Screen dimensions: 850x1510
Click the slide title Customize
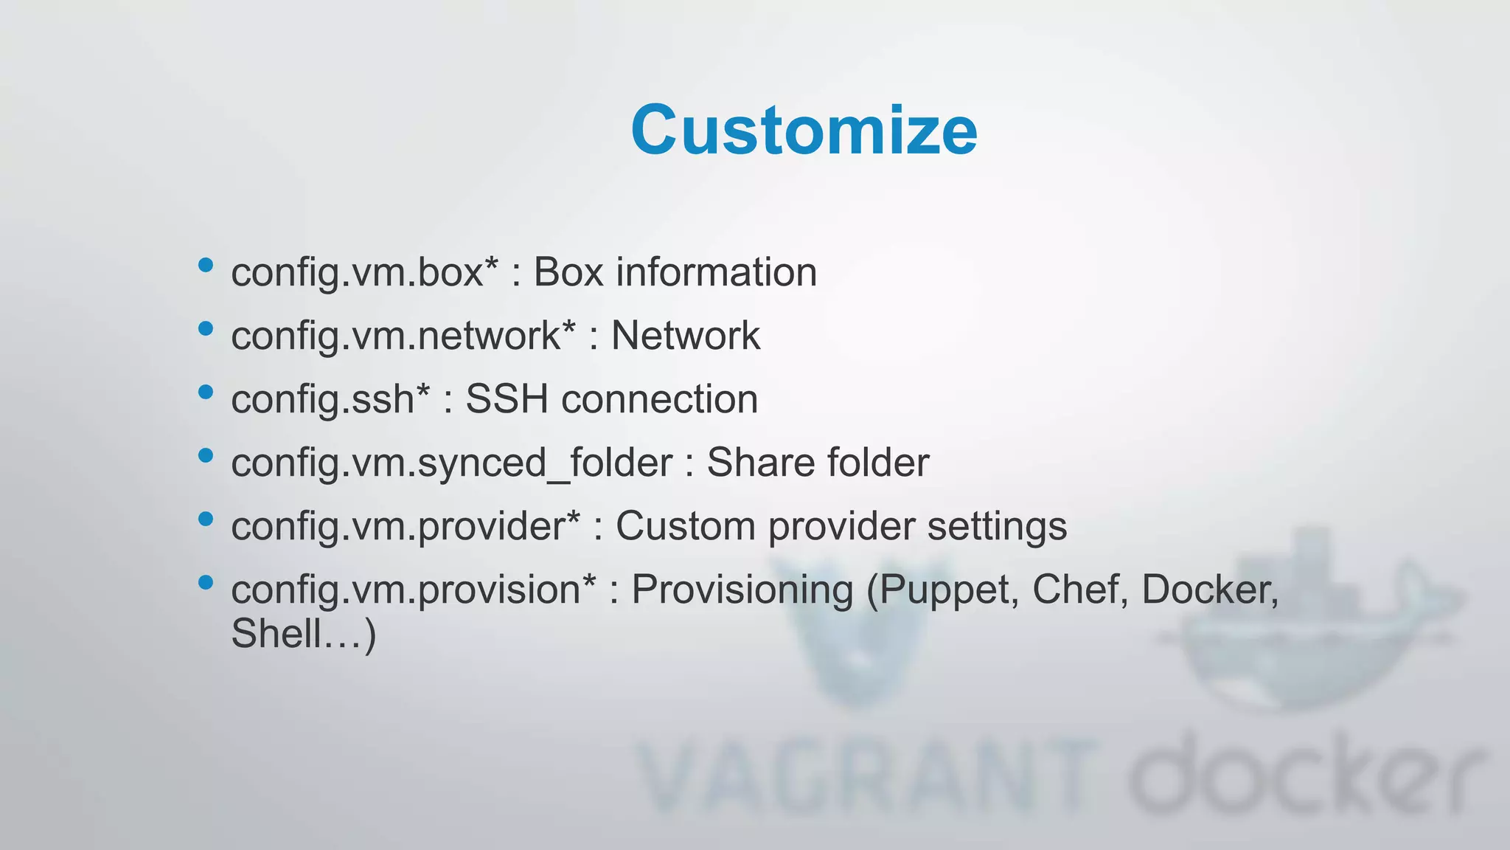coord(804,131)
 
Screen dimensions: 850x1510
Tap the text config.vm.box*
coord(364,272)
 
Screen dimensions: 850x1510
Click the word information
coord(716,272)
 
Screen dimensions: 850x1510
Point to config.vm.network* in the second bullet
coord(403,336)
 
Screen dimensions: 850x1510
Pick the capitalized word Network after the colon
coord(685,336)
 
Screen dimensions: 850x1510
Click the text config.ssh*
coord(330,400)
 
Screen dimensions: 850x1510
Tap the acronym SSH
coord(507,400)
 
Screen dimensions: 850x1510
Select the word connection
coord(659,400)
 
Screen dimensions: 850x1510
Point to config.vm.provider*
coord(406,527)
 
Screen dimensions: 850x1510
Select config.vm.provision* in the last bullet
coord(413,590)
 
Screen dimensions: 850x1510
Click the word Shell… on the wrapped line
coord(295,634)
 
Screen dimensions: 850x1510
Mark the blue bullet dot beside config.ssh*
coord(206,392)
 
